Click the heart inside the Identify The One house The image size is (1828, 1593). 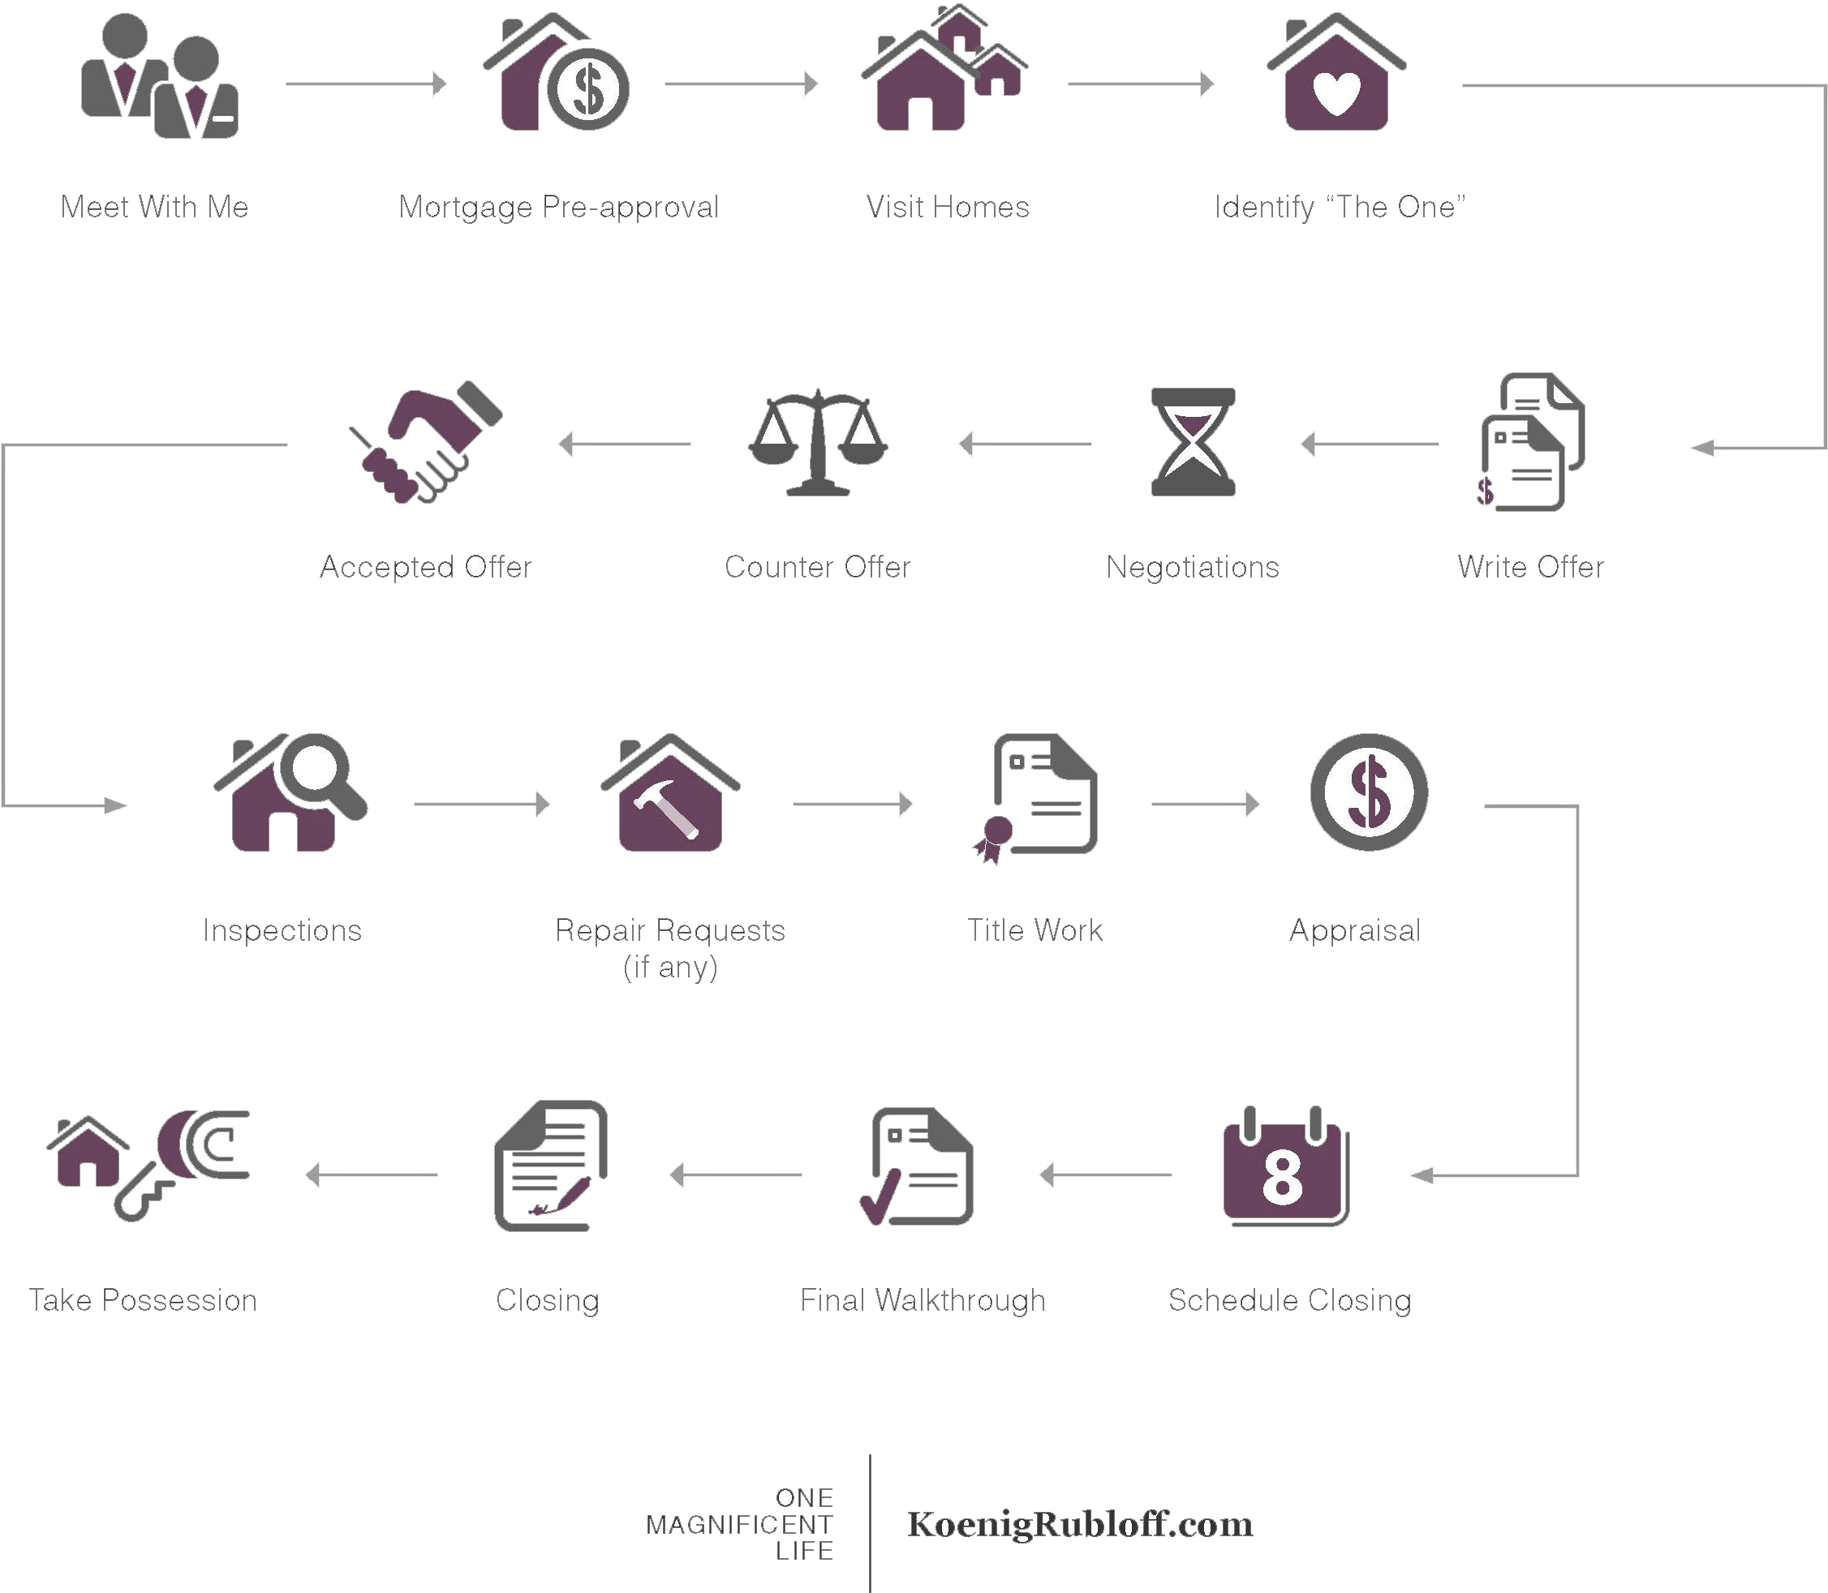click(1336, 93)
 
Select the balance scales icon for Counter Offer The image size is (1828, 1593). click(818, 442)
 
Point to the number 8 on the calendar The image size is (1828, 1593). click(1282, 1177)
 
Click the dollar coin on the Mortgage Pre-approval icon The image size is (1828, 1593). click(587, 89)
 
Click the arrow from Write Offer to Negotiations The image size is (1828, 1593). click(1370, 444)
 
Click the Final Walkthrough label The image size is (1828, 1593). click(923, 1300)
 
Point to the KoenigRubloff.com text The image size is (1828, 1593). click(1079, 1524)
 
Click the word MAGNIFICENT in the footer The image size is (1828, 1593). click(739, 1525)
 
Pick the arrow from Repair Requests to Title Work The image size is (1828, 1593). click(852, 805)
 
